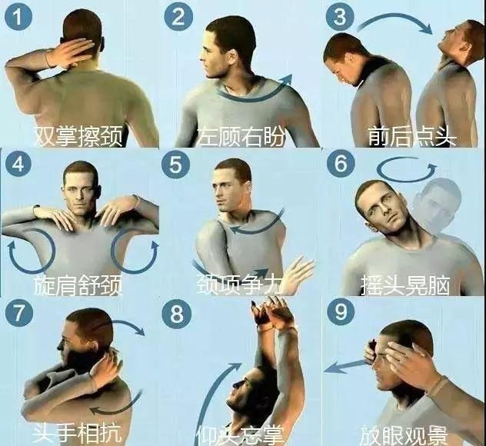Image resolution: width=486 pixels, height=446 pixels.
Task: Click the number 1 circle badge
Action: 16,17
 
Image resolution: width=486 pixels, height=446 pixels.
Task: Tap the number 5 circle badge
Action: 178,165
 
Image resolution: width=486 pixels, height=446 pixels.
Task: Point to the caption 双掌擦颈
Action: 78,136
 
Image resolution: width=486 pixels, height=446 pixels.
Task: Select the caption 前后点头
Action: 412,136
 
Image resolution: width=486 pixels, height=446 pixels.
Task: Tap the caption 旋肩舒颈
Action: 78,285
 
